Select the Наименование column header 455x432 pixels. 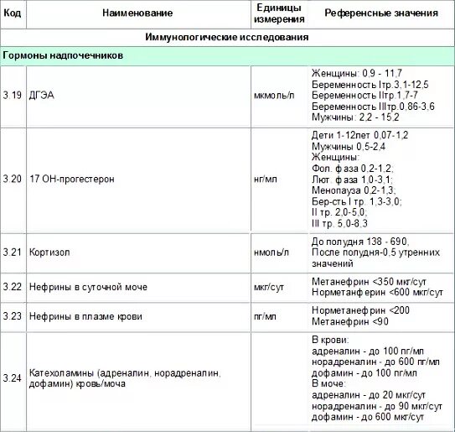[138, 14]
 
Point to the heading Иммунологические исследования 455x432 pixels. [226, 38]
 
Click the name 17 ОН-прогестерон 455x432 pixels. [71, 180]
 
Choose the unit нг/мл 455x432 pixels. [264, 180]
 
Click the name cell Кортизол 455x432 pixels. [49, 252]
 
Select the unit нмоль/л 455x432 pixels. [271, 252]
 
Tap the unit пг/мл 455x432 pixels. [264, 316]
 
